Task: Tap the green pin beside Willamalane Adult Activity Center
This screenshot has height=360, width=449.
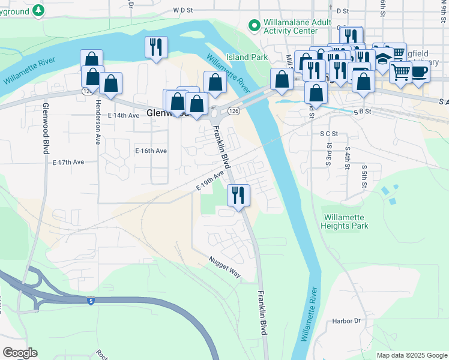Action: pos(254,26)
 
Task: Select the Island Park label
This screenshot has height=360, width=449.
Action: pos(247,58)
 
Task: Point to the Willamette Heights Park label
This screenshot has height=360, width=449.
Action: pos(345,221)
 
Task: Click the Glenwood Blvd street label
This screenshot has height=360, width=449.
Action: pos(46,128)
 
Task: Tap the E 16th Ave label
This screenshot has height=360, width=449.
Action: pos(151,151)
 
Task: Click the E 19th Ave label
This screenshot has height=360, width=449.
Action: pos(209,181)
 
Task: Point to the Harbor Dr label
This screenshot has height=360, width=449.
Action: pos(346,321)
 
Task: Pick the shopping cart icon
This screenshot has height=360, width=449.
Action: pos(400,72)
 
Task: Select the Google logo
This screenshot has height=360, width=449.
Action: pos(20,353)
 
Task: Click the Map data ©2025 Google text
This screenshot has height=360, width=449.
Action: pos(411,355)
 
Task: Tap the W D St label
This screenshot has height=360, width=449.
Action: pos(184,10)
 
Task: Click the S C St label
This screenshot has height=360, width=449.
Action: pos(330,133)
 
